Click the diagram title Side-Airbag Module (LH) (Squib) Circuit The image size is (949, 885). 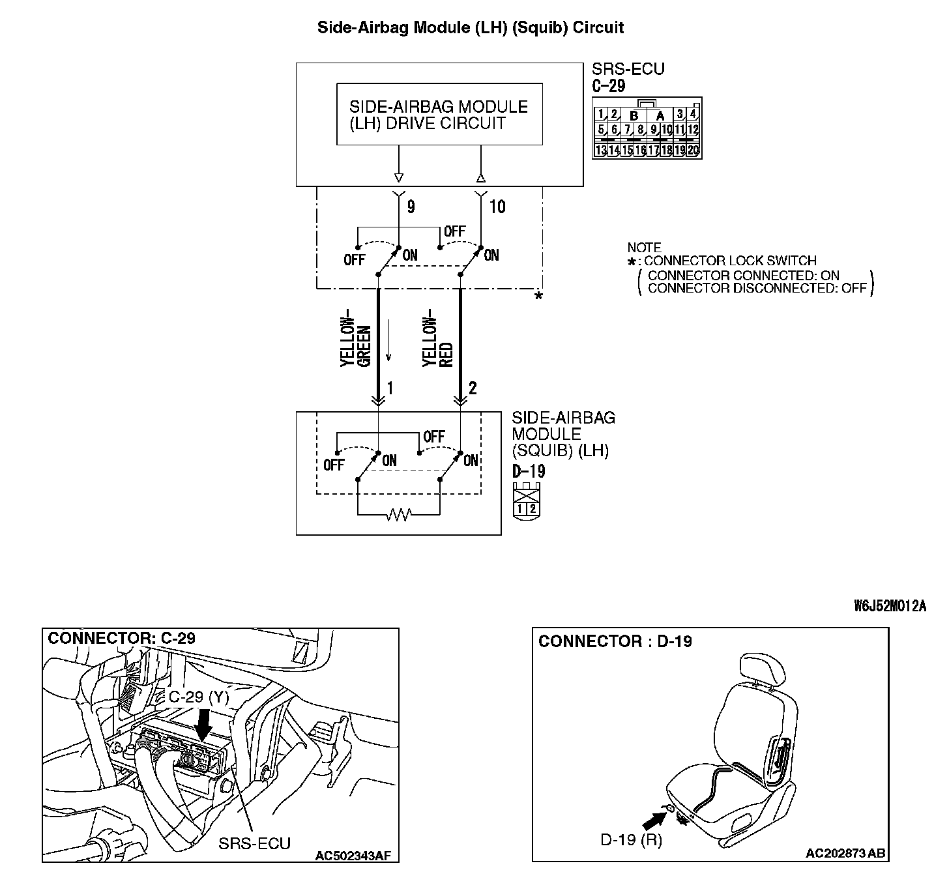click(x=470, y=27)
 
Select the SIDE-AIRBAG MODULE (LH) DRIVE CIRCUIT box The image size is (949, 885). click(x=439, y=115)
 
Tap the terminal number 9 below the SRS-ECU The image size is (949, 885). click(x=411, y=207)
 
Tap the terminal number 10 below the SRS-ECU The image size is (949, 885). click(x=497, y=207)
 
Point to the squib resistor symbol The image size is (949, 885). click(x=398, y=515)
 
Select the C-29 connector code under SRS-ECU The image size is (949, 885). click(x=609, y=85)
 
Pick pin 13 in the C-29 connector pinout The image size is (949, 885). click(x=600, y=151)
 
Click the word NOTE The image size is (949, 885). click(x=644, y=248)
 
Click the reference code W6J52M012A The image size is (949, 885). click(x=890, y=606)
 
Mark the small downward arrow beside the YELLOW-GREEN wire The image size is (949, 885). click(x=389, y=349)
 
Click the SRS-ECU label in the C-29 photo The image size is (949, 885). click(x=254, y=843)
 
